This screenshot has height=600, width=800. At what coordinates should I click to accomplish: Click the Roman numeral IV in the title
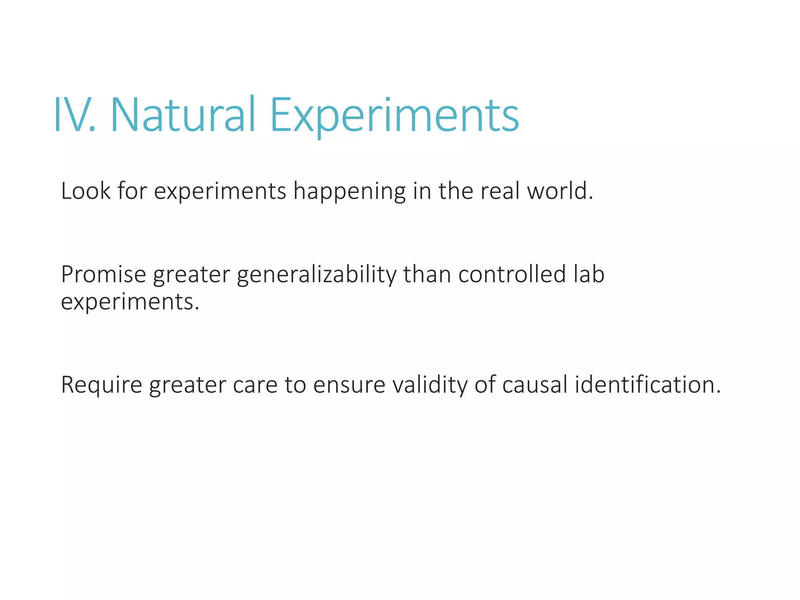[x=74, y=116]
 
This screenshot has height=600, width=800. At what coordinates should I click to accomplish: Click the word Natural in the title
[x=183, y=116]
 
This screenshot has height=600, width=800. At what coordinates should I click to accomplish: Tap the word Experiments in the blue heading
[x=395, y=116]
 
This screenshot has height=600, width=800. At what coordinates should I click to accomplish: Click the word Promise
[x=104, y=275]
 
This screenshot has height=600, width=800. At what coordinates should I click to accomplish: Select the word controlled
[x=512, y=275]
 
